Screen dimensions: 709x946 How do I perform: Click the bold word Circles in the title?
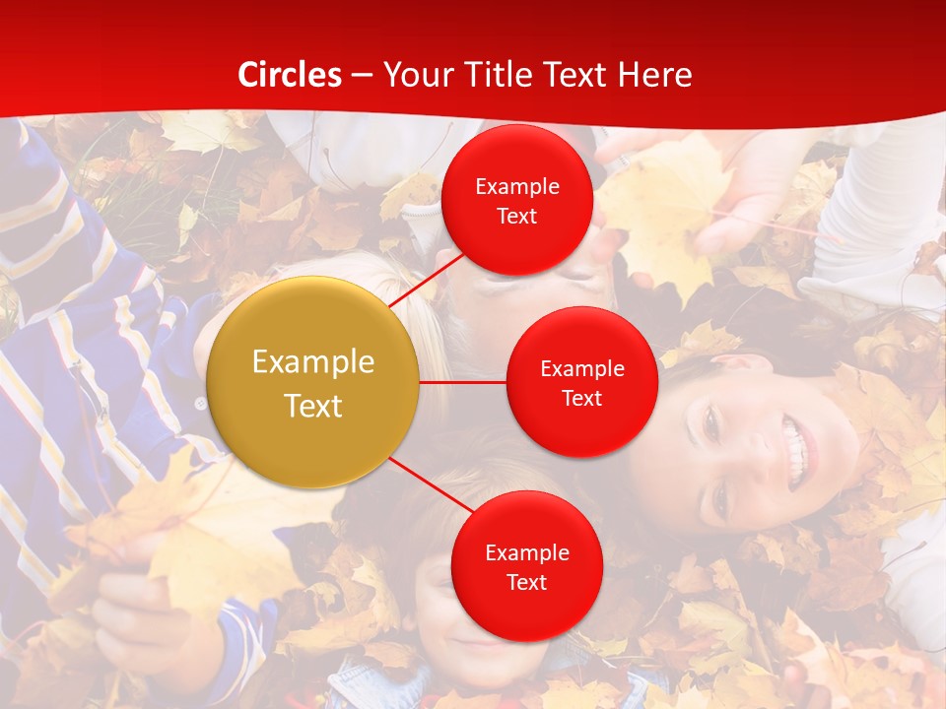[x=290, y=75]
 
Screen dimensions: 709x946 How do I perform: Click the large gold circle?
[x=313, y=382]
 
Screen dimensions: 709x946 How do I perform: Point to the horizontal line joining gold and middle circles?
[x=463, y=382]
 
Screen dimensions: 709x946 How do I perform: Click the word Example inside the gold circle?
[x=313, y=362]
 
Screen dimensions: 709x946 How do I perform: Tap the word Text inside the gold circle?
[x=313, y=406]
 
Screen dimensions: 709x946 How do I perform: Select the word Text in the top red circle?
[x=517, y=216]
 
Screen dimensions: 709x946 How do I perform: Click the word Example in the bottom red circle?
[x=527, y=553]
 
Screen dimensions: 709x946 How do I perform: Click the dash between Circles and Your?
[x=362, y=76]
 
